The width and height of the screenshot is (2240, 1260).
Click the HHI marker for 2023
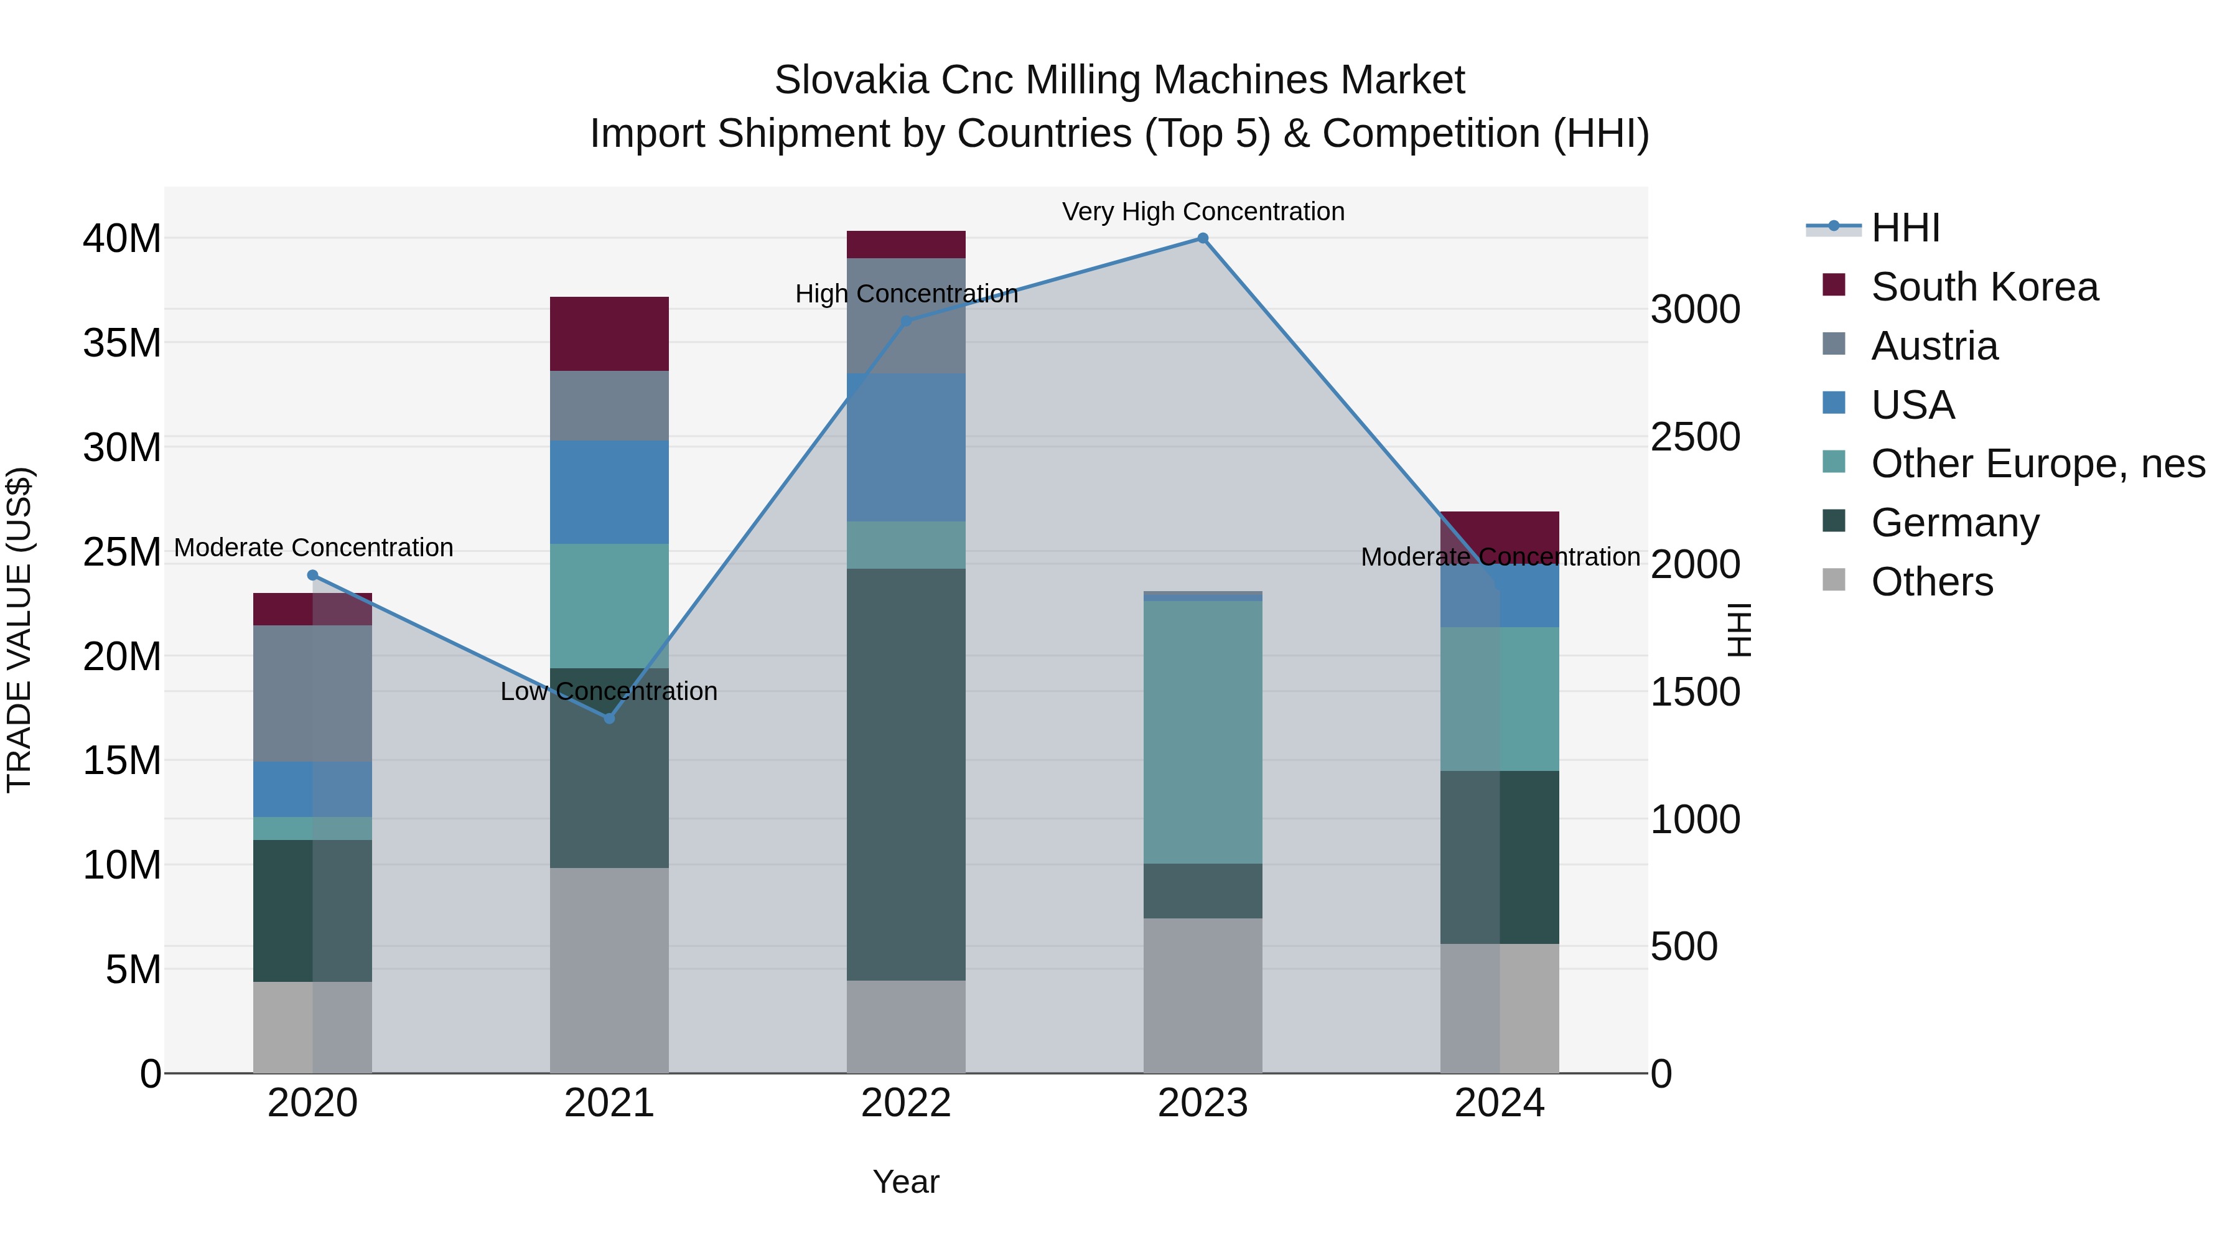tap(1203, 238)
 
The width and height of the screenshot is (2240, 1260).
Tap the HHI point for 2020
tap(313, 576)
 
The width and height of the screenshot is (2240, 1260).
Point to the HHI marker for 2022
tap(906, 322)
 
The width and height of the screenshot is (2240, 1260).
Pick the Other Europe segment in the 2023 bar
tap(1203, 732)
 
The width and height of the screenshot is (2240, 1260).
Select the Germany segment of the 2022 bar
tap(906, 774)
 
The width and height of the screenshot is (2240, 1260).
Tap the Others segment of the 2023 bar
tap(1203, 996)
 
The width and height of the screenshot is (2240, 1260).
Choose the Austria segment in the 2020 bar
tap(313, 694)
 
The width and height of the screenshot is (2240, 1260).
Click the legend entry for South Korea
tap(1984, 287)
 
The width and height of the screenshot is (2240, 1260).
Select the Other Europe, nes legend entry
tap(2037, 464)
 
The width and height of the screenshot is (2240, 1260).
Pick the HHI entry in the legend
tap(1905, 228)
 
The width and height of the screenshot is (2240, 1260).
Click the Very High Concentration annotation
tap(1203, 212)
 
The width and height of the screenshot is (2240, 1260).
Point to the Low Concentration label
tap(609, 691)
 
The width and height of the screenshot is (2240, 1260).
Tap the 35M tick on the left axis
tap(122, 343)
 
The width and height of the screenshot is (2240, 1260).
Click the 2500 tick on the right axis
tap(1695, 437)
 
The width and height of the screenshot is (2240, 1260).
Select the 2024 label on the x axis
tap(1499, 1103)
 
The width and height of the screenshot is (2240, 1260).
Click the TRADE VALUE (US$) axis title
tap(19, 630)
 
